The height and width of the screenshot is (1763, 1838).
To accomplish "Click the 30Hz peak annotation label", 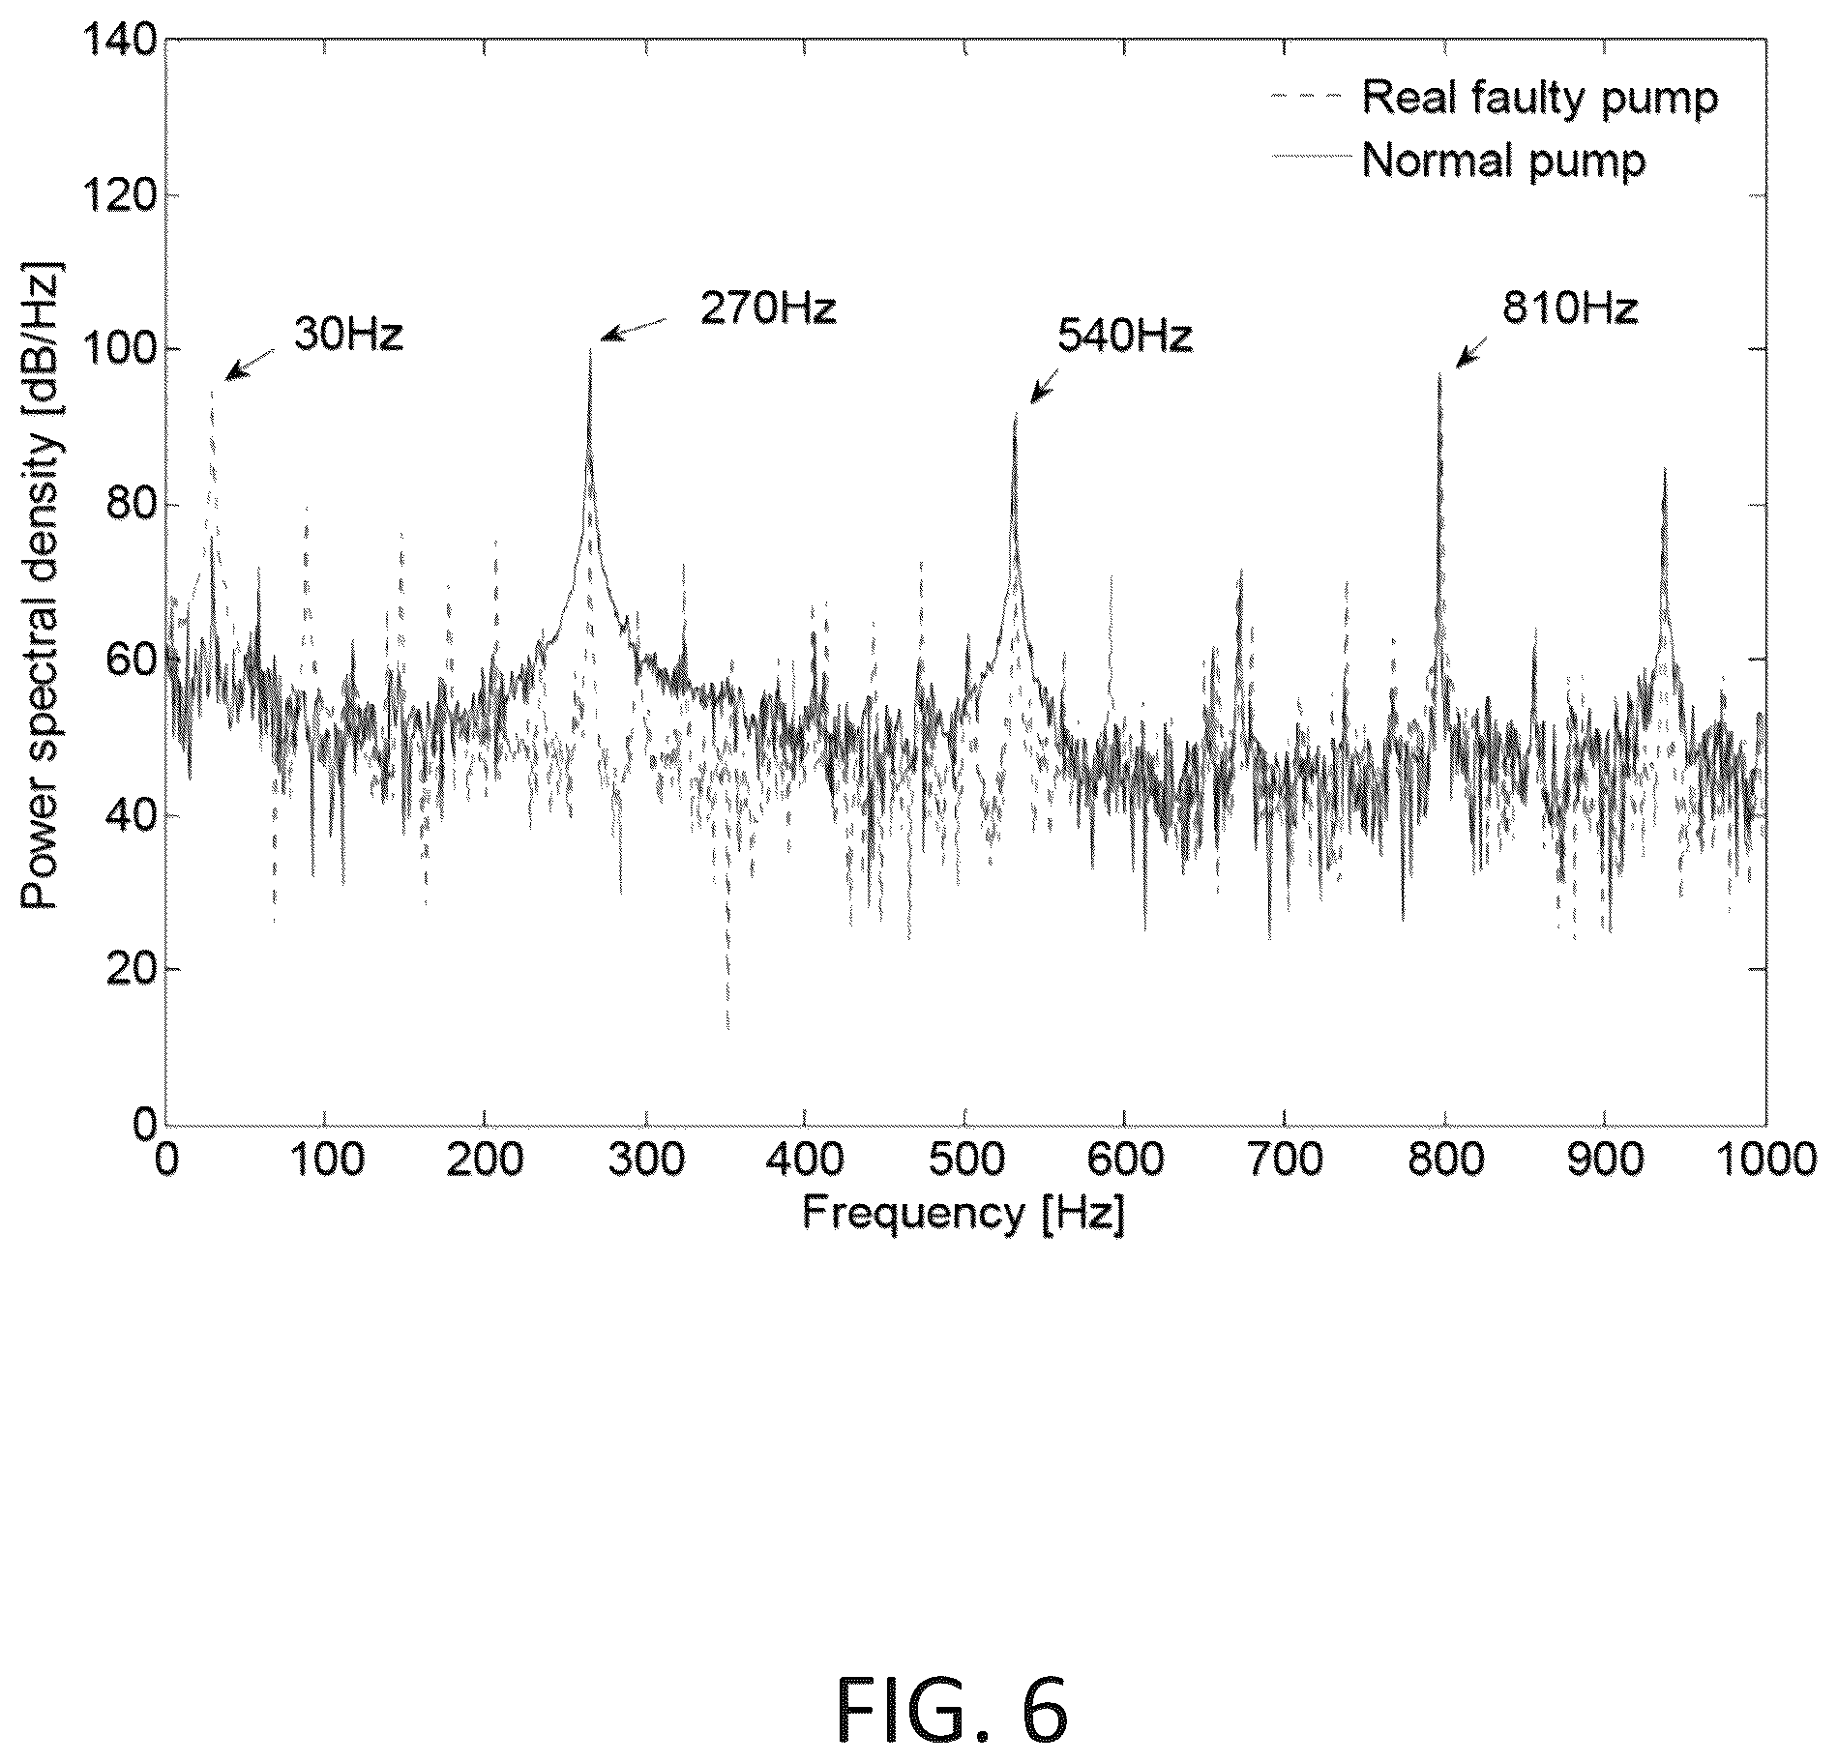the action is tap(348, 334).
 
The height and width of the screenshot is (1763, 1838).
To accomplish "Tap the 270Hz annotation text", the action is tap(768, 309).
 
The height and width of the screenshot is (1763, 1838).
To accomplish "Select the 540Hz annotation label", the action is tap(1125, 337).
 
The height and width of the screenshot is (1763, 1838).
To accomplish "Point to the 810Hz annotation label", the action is tap(1570, 309).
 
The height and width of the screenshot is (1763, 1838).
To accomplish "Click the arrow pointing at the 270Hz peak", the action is tap(635, 329).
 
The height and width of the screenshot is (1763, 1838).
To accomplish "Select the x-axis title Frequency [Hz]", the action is tap(964, 1213).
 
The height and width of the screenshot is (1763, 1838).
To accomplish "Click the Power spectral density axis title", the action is tap(41, 585).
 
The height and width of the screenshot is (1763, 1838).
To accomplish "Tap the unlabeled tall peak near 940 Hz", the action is tap(1664, 468).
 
